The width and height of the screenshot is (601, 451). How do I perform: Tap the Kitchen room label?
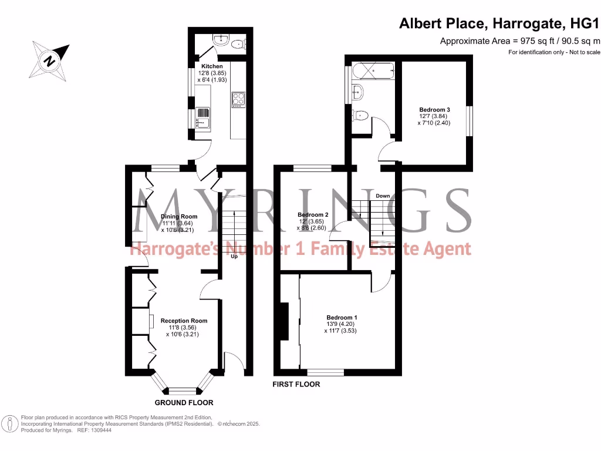212,66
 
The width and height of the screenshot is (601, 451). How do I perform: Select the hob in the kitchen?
239,100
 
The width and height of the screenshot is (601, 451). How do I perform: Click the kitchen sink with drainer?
202,117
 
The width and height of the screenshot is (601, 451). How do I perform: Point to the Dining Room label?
176,216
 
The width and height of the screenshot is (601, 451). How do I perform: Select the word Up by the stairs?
233,257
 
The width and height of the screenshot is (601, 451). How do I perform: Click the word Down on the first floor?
383,196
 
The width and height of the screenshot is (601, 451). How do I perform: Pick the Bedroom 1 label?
340,317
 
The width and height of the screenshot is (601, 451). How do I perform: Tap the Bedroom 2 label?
312,215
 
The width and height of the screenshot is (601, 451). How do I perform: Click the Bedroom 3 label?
434,109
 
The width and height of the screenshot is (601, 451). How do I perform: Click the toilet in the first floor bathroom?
360,116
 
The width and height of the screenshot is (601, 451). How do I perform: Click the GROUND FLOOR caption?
184,403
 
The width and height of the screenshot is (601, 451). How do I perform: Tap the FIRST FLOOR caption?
296,385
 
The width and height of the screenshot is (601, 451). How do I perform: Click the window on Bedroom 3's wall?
469,121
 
